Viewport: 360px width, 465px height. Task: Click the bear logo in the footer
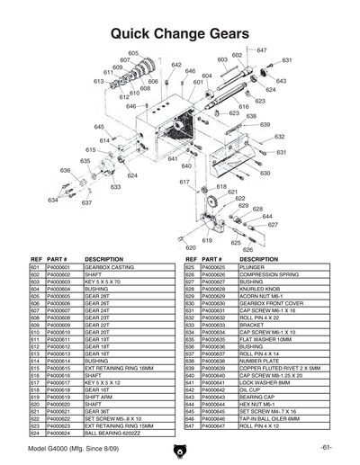coord(180,449)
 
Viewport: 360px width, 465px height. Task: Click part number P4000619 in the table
coord(61,396)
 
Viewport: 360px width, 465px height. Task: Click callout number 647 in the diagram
coord(262,50)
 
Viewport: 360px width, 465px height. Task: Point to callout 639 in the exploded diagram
coord(265,124)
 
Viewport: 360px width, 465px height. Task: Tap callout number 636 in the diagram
coord(40,170)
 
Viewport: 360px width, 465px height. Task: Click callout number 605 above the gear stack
coord(134,53)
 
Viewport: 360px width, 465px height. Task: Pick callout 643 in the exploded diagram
coord(282,81)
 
